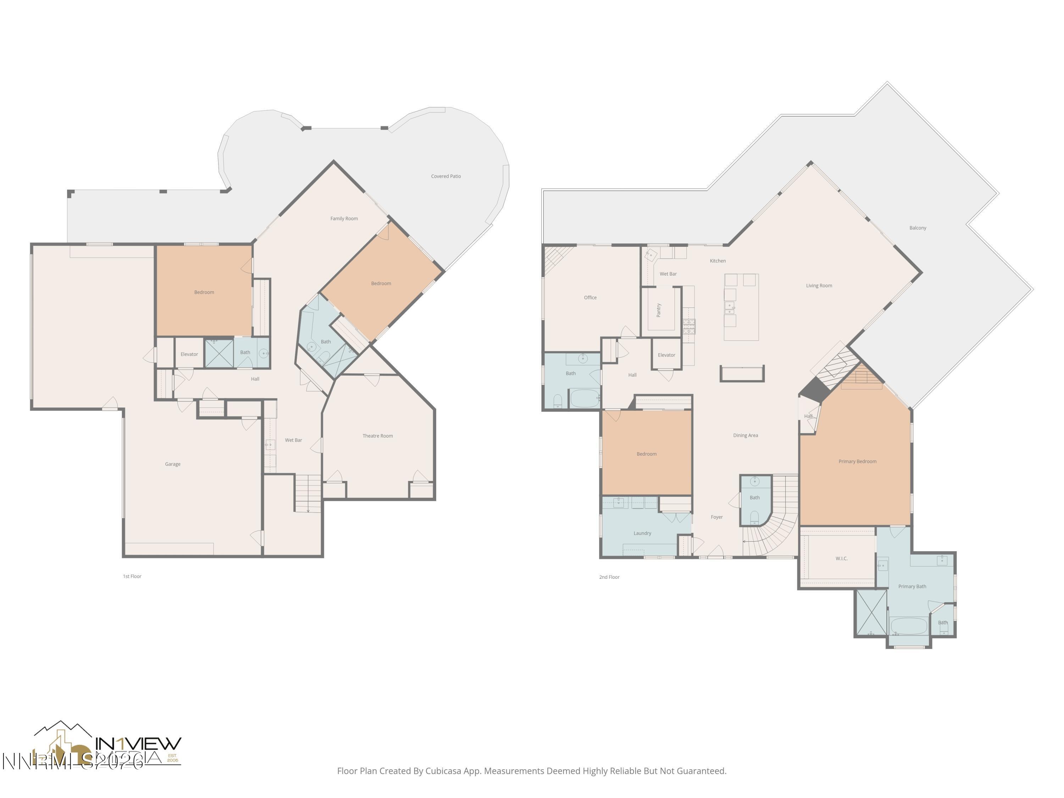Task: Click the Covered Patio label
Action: click(x=445, y=177)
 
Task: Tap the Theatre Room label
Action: click(x=378, y=436)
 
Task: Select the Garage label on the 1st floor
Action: click(x=173, y=464)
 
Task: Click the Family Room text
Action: click(x=344, y=218)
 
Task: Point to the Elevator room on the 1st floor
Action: click(x=189, y=354)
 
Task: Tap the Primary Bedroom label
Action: click(x=857, y=461)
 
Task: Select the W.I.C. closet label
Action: click(x=841, y=559)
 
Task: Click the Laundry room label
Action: click(x=642, y=533)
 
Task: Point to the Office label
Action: click(x=590, y=298)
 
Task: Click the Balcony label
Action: click(x=917, y=228)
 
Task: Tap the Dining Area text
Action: click(x=745, y=435)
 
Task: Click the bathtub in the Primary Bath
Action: click(x=908, y=627)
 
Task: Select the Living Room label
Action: click(x=819, y=286)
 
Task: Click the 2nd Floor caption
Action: click(x=609, y=577)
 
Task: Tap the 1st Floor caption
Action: click(x=132, y=576)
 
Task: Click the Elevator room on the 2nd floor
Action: click(x=666, y=355)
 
